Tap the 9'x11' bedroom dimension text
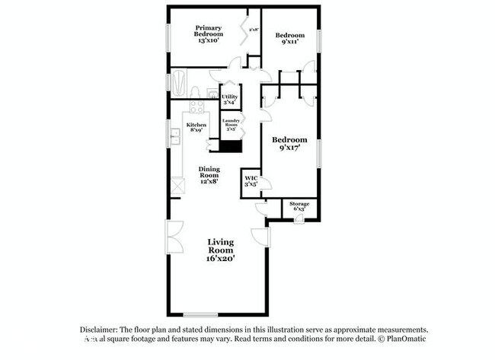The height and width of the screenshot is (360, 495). point(289,43)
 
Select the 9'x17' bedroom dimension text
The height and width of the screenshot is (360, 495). point(289,148)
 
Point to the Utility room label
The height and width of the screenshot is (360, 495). point(229,97)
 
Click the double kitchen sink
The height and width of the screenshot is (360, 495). point(174,137)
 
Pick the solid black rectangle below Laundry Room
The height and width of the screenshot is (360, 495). point(231,147)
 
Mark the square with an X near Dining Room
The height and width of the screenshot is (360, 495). point(177,185)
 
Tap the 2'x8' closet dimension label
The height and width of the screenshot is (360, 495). point(253,30)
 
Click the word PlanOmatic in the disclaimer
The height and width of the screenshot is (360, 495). point(411,338)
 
